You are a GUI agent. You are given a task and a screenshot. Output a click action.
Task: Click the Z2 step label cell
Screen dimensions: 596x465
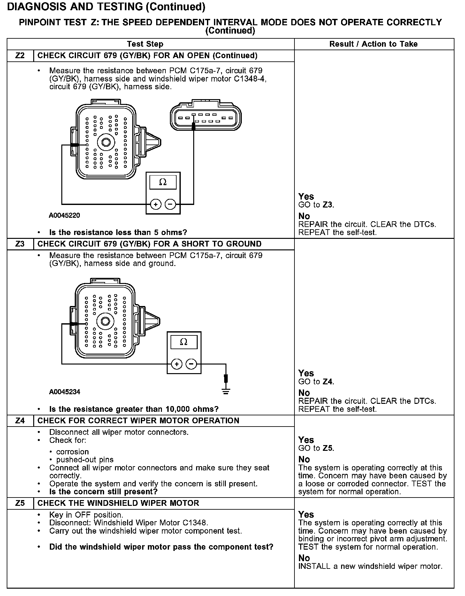pos(20,56)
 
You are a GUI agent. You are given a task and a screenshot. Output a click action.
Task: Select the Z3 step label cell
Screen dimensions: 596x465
pos(20,244)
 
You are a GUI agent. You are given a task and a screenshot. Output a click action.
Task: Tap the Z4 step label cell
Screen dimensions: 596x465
pos(20,420)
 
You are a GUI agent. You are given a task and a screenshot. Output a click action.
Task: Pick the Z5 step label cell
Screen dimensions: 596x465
pos(20,503)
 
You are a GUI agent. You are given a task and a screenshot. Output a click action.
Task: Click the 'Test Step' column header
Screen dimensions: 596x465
pos(145,44)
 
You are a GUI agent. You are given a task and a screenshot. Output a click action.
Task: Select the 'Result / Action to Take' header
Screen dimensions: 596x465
pos(373,44)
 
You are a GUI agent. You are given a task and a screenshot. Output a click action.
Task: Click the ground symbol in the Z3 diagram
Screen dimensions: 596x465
pos(226,391)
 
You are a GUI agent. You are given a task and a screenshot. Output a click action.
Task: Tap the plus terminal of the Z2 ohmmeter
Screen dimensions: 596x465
pos(156,204)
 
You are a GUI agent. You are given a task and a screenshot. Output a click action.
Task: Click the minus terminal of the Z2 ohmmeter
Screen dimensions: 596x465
pos(170,204)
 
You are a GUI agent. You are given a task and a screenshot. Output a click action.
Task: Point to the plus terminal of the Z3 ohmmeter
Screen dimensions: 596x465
pos(177,364)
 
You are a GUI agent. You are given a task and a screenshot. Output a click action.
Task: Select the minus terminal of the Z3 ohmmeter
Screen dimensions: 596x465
pos(191,364)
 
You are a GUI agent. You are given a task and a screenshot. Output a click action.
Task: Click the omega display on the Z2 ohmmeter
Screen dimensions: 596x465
pos(163,182)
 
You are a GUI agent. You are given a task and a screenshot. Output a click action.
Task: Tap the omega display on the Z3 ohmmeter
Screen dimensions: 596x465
pos(184,342)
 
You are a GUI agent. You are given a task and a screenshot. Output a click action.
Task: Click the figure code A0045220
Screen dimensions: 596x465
pos(65,216)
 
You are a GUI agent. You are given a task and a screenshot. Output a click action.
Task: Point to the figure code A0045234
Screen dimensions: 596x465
pos(65,392)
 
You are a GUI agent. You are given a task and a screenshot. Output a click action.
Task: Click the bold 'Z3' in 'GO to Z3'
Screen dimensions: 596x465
pos(328,205)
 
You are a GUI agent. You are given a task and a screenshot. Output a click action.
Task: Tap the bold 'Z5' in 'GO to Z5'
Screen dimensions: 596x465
pos(328,448)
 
